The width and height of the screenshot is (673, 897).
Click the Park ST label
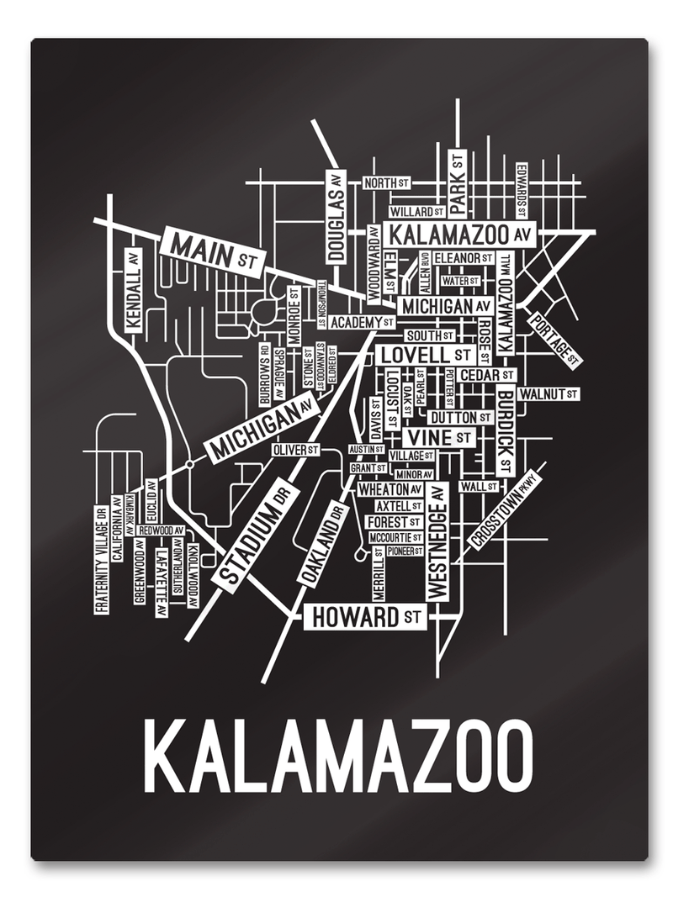(457, 183)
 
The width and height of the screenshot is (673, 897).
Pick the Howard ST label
(364, 617)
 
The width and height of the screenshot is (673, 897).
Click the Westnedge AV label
(435, 542)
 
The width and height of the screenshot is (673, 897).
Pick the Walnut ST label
(548, 393)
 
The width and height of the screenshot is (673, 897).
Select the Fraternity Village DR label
(101, 559)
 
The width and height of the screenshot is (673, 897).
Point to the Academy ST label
(362, 322)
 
